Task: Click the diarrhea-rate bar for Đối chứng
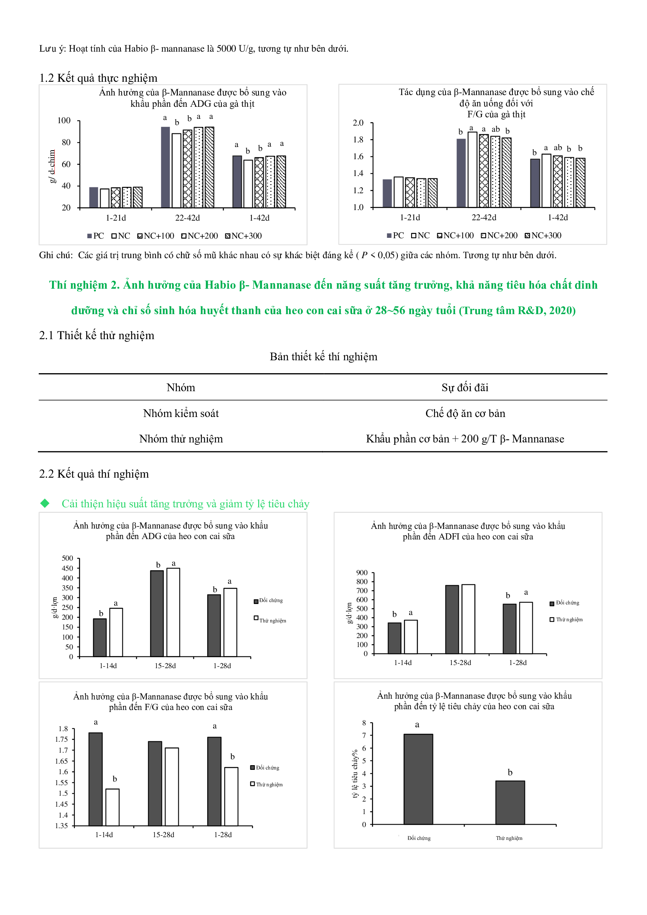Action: [418, 779]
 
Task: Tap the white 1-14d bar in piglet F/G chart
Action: [112, 807]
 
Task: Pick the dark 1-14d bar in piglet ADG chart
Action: [100, 637]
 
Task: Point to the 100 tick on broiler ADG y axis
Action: [64, 120]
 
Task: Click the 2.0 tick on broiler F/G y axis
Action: [358, 123]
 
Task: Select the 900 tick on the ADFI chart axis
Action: [361, 573]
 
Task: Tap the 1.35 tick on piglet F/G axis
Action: [61, 825]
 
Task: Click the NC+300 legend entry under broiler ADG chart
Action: [243, 236]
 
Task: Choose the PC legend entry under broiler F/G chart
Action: [395, 235]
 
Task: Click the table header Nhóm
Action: [181, 387]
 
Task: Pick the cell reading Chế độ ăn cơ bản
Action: [465, 413]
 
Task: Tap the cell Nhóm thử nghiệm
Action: [181, 439]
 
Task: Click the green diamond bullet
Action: [45, 503]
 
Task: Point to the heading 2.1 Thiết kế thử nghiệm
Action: [96, 335]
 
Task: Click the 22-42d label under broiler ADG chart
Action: [187, 218]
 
